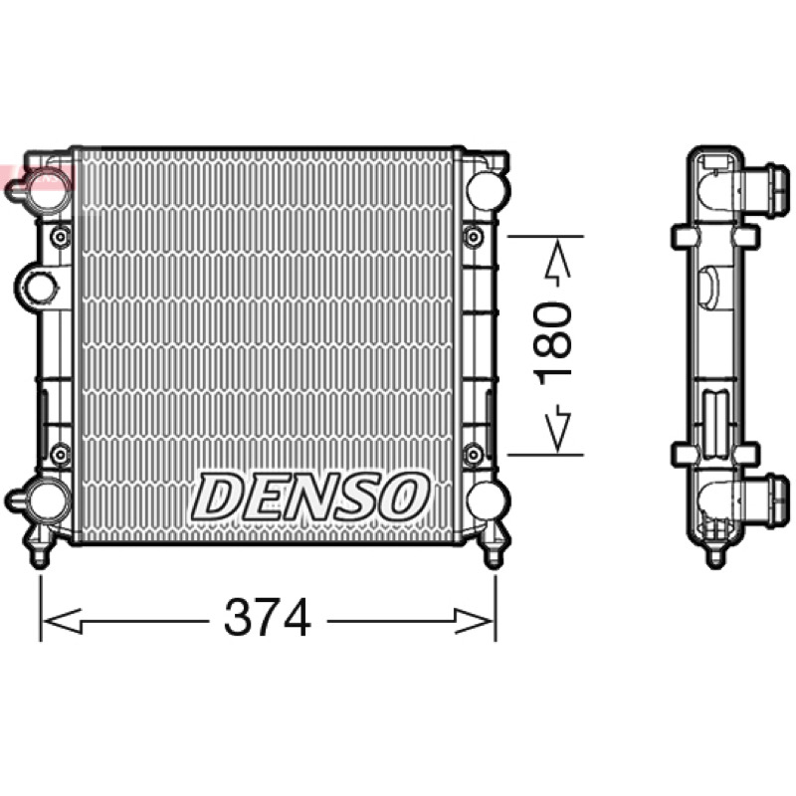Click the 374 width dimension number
[267, 618]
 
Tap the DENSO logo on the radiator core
[309, 497]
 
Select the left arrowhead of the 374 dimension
[63, 620]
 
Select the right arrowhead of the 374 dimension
[474, 620]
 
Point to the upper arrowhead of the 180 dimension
[557, 259]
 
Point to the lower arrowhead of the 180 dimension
[557, 432]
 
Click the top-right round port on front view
[488, 191]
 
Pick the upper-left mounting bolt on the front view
[61, 237]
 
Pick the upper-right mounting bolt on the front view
[474, 237]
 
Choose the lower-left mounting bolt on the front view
[61, 454]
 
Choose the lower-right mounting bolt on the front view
[474, 454]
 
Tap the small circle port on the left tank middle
[39, 287]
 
